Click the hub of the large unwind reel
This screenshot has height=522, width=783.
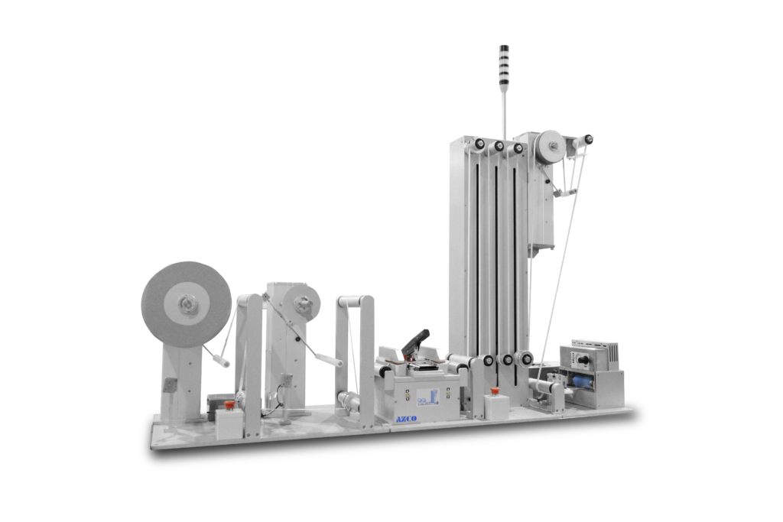click(186, 305)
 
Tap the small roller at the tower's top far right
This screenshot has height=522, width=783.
click(587, 140)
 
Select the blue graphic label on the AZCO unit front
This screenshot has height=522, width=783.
click(427, 396)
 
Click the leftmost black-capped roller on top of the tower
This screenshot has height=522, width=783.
click(479, 144)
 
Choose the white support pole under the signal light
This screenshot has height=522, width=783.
click(503, 107)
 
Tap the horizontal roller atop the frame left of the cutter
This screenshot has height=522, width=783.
click(353, 300)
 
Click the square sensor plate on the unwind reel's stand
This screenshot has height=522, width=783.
click(170, 386)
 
